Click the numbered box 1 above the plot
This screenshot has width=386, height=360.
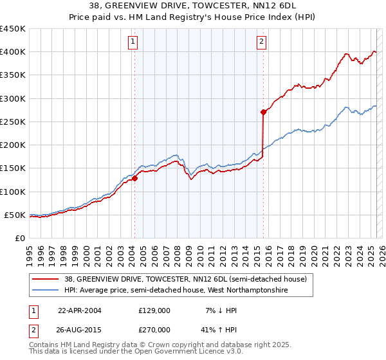pos(133,42)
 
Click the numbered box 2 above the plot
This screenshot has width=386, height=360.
pos(262,42)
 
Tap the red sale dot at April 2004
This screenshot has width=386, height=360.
pos(135,179)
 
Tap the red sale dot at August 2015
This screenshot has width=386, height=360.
pos(264,113)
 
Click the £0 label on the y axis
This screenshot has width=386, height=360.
pos(20,238)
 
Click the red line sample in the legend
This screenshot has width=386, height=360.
pos(45,279)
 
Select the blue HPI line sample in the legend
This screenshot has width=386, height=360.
pos(45,290)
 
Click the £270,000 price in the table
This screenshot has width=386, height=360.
pos(154,329)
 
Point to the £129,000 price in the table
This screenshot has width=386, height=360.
pos(154,310)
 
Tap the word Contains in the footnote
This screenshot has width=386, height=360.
pos(45,345)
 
